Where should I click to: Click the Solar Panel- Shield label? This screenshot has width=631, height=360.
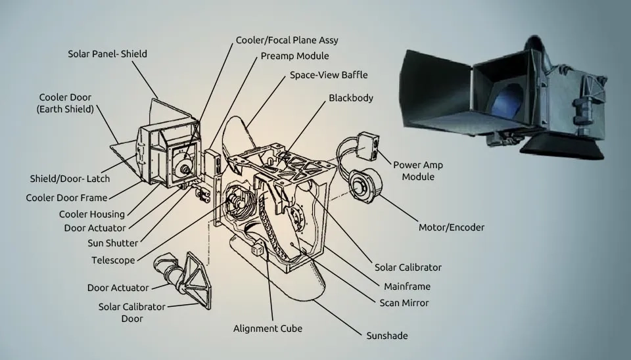[108, 53]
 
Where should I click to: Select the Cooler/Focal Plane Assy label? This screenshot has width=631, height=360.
[287, 41]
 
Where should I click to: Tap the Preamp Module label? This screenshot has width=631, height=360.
[294, 56]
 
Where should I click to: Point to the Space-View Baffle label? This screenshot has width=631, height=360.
[329, 75]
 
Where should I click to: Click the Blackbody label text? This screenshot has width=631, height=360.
[351, 98]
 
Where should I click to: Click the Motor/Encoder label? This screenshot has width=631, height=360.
[452, 227]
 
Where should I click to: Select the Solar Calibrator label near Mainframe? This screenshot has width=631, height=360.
[408, 267]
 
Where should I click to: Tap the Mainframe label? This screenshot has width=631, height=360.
[407, 286]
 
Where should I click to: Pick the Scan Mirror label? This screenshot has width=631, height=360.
[404, 303]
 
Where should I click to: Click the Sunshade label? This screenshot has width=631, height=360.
[387, 336]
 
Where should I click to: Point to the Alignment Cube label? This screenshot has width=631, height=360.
[268, 328]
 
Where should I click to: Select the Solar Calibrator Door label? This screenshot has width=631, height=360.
[131, 313]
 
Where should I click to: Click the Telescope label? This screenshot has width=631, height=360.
[113, 260]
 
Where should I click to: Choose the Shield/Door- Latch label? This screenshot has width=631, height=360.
[70, 179]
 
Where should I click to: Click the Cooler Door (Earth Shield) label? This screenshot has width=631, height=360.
[66, 103]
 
